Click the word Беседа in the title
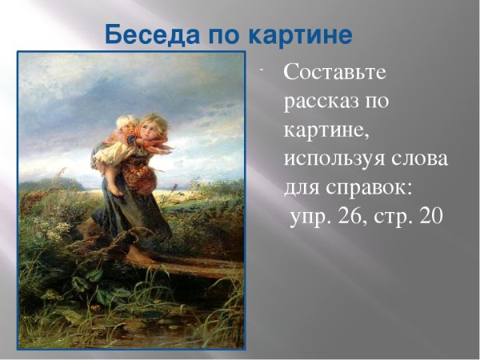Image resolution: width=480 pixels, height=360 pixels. coord(146,37)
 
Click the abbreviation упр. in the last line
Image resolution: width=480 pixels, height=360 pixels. coord(309,217)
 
